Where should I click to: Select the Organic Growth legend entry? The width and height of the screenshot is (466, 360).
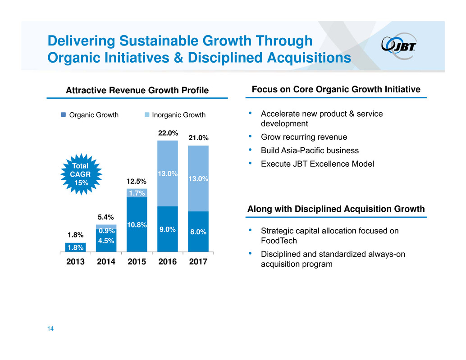90,115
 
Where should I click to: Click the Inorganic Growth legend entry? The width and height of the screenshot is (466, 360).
175,115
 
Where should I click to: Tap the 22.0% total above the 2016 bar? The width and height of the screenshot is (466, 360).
168,133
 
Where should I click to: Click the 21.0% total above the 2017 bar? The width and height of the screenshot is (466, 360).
198,137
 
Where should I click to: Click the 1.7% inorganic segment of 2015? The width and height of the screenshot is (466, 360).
137,193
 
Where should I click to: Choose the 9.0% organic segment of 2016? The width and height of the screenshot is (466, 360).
168,229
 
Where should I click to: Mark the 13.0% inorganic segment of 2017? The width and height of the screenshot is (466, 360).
198,178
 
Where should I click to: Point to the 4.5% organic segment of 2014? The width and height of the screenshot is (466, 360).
106,241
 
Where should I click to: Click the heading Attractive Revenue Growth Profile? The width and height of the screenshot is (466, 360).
137,91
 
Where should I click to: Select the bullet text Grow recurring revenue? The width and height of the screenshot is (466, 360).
304,137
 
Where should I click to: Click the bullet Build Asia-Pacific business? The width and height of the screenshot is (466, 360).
310,150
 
